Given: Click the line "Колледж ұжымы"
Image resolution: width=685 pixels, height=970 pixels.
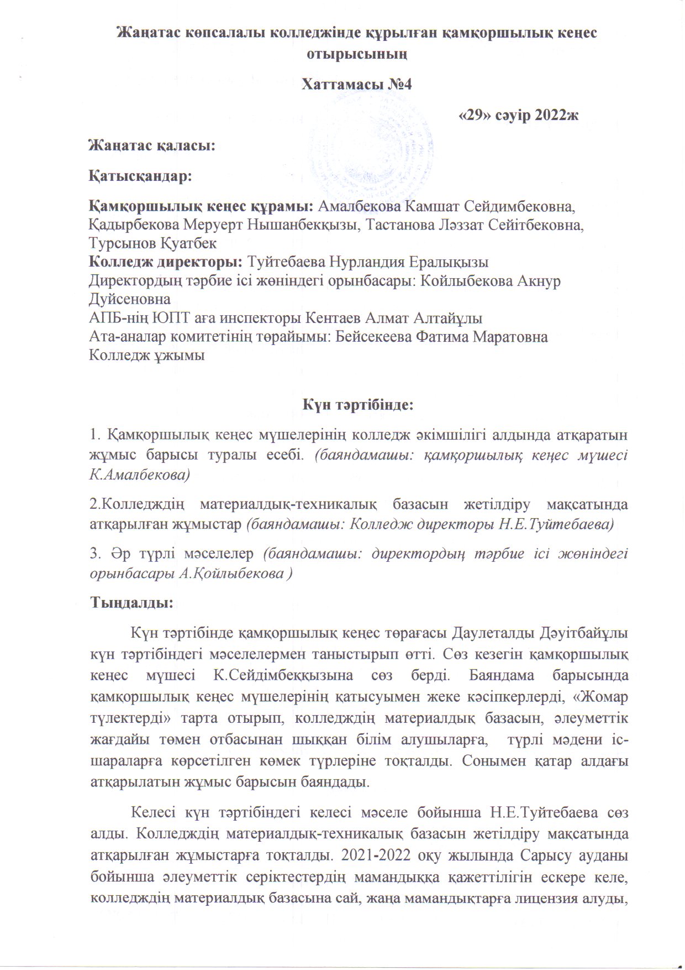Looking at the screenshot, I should [x=147, y=354].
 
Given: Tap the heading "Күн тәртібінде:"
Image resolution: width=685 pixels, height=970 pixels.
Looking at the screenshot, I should [x=357, y=404].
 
